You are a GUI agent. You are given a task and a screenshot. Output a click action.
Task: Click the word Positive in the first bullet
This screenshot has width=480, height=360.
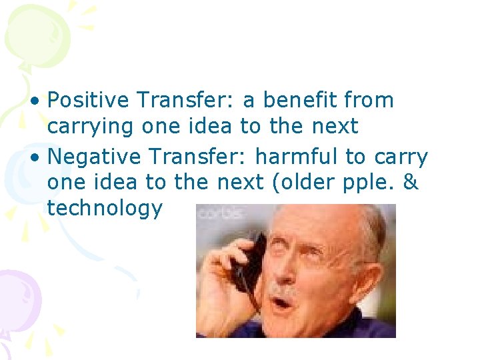(88, 101)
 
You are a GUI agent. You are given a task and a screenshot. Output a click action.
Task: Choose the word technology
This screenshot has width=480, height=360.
(105, 209)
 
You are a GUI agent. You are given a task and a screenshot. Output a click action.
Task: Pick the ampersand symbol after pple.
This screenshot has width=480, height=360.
(411, 183)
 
